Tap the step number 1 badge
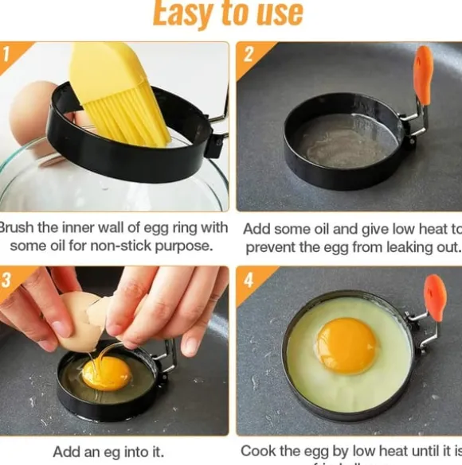click(7, 54)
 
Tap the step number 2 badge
click(248, 54)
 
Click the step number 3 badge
click(7, 280)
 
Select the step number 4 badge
click(248, 280)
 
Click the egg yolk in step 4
click(346, 346)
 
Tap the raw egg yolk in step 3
click(106, 372)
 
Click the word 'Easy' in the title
click(182, 13)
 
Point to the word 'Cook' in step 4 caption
click(258, 451)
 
